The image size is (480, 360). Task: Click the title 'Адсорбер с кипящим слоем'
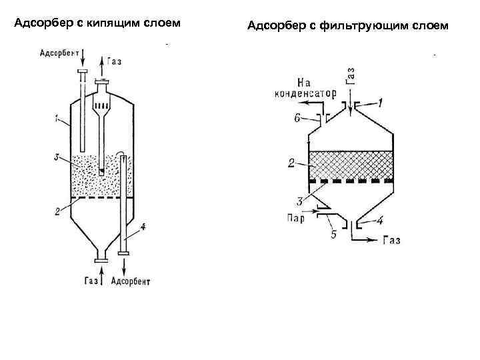pos(97,25)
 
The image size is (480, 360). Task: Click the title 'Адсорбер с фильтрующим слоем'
pos(348,26)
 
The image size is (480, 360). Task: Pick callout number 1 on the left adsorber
pos(59,118)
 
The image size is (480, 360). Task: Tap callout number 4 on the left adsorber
pos(143,227)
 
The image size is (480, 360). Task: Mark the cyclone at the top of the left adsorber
pos(101,107)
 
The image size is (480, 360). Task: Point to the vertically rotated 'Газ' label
pos(350,75)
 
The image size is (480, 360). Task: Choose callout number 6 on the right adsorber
pos(298,118)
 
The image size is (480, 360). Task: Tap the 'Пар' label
pos(295,217)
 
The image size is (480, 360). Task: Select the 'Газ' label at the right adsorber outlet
pos(391,240)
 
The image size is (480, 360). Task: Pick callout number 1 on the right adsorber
pos(380,103)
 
